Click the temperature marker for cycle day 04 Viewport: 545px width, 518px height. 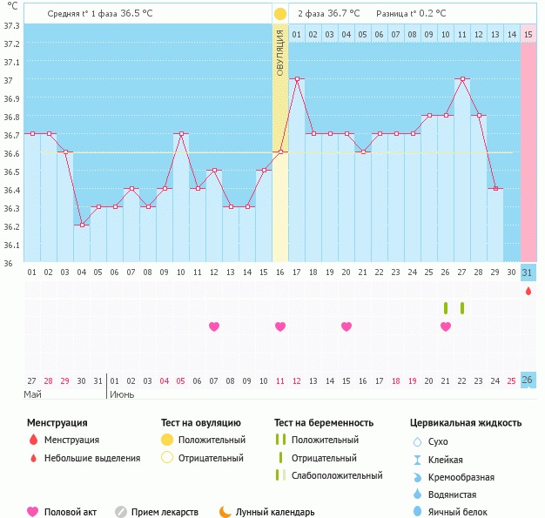tap(81, 225)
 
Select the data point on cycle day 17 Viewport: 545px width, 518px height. tap(297, 79)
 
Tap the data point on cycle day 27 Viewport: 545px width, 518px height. tap(462, 79)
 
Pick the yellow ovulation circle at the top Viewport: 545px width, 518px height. tap(280, 14)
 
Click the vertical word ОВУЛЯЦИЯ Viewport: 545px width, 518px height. tap(280, 53)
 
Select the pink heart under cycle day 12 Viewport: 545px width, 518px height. tap(214, 326)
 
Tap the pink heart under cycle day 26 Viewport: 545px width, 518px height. tap(446, 326)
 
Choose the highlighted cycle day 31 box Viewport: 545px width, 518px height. tap(528, 272)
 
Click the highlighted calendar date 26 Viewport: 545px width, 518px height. tap(528, 380)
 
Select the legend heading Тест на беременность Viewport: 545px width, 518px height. tap(323, 423)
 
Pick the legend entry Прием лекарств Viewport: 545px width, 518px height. tap(164, 512)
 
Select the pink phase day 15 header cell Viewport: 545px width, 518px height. tap(528, 34)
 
